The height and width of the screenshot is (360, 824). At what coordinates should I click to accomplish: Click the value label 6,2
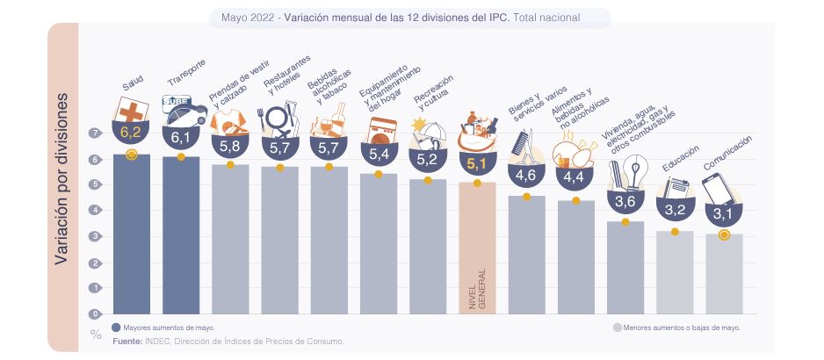[132, 133]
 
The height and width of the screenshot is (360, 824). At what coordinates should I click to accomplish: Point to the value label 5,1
[477, 163]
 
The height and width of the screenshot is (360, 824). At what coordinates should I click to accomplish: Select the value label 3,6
[625, 202]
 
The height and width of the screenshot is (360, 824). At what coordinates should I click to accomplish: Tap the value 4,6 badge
[526, 175]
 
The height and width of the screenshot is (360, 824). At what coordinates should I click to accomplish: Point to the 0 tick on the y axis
[94, 313]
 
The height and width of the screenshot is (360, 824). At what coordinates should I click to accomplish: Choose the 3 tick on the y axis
[94, 236]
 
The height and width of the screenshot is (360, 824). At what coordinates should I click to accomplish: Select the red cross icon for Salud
[132, 111]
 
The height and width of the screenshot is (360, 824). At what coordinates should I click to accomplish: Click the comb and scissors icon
[524, 147]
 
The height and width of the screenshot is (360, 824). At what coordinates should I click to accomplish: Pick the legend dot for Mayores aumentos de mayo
[117, 327]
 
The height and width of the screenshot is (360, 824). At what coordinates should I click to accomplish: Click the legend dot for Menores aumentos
[617, 327]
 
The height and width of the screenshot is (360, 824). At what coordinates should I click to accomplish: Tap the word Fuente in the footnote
[128, 341]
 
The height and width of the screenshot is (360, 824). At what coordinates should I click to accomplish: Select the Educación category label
[681, 162]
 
